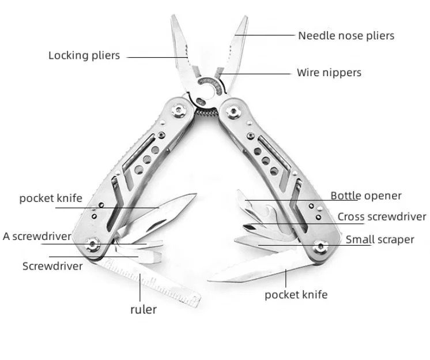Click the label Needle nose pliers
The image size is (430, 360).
(x=346, y=36)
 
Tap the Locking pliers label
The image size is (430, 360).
(x=84, y=55)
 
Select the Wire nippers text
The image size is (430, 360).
(x=329, y=73)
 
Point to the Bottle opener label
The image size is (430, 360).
(x=366, y=196)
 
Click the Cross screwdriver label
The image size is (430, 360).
(x=382, y=217)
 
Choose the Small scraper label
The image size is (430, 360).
(x=380, y=239)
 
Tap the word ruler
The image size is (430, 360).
(x=144, y=309)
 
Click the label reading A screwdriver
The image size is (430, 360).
(x=37, y=236)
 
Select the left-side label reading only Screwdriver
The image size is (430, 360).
(x=52, y=266)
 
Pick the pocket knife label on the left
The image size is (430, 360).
(x=51, y=198)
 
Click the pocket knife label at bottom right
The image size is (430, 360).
(x=296, y=295)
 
